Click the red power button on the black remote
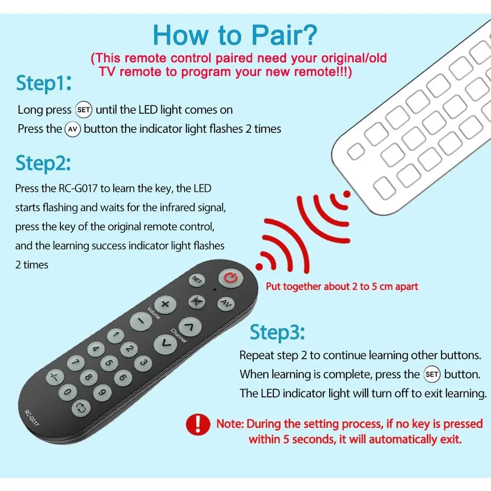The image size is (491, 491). point(231,278)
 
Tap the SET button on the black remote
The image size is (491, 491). point(197,280)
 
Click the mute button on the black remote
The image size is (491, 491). point(197,302)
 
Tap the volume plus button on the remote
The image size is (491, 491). point(165,304)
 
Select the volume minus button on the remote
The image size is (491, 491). point(141,321)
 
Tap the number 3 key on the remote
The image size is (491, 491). point(143,363)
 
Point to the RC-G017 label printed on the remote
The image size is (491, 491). point(32,418)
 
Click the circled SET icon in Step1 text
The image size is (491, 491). point(84,110)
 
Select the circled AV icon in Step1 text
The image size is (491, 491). point(73,129)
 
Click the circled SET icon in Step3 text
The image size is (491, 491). point(432,374)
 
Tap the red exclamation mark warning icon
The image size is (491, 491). point(198,425)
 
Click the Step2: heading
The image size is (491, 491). point(43,164)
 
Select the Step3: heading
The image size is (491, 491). point(277,332)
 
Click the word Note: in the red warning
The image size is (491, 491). point(230,424)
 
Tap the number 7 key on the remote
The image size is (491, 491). point(76,363)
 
